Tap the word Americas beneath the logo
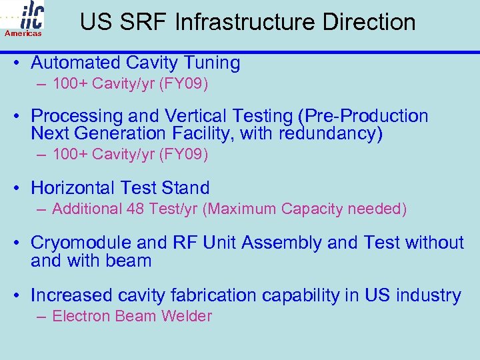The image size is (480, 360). coord(23,33)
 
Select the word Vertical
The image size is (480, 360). coord(185,116)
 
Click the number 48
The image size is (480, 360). coord(135,209)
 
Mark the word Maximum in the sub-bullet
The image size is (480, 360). coord(242,209)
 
